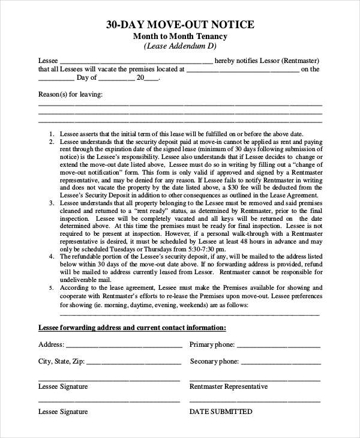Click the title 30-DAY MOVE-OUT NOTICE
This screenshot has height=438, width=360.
[x=180, y=25]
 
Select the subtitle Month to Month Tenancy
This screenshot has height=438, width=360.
[x=180, y=36]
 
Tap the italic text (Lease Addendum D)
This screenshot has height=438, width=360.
[x=180, y=46]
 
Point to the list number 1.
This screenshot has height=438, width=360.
[x=52, y=134]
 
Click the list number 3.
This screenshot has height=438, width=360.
[x=52, y=204]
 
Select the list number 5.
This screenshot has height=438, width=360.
[x=52, y=287]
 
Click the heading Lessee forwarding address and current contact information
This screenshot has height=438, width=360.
[x=132, y=328]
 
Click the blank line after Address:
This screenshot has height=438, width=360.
[x=124, y=347]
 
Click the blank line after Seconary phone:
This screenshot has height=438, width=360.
[x=281, y=364]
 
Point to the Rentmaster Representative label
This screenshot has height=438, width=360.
[x=229, y=386]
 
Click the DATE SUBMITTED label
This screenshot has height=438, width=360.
[x=221, y=412]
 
